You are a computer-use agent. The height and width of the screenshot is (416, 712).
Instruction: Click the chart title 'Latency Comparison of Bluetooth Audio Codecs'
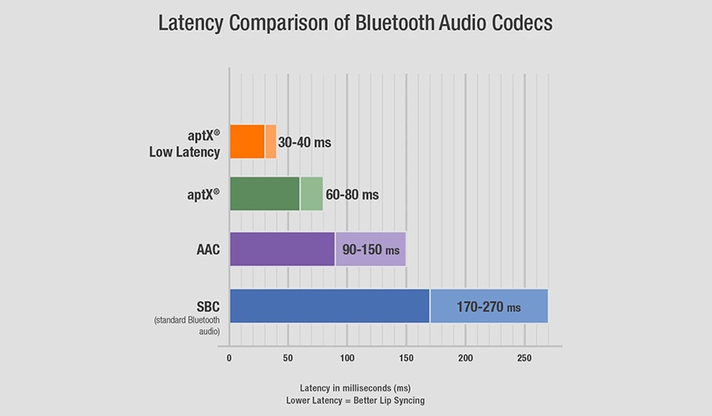click(355, 23)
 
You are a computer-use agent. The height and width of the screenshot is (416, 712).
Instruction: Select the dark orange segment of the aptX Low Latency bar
click(247, 142)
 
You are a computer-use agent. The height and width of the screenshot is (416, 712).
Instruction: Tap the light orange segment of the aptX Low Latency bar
click(271, 142)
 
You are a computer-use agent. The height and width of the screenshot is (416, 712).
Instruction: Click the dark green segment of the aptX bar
click(264, 194)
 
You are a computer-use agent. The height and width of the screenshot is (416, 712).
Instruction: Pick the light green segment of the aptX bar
click(311, 194)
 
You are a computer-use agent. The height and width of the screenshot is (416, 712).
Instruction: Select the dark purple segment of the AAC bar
click(282, 249)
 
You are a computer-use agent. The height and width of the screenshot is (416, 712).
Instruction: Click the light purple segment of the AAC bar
click(370, 249)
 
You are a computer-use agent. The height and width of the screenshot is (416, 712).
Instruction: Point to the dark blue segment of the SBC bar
click(330, 306)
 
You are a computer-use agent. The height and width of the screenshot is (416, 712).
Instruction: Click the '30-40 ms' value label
click(304, 143)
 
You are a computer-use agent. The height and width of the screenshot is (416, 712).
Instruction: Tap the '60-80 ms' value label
click(351, 195)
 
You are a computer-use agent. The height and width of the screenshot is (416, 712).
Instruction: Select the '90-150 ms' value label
click(370, 250)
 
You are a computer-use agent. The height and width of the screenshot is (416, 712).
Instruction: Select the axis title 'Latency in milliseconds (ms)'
click(355, 387)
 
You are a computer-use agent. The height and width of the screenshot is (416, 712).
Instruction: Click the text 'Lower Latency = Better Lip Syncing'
click(355, 400)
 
